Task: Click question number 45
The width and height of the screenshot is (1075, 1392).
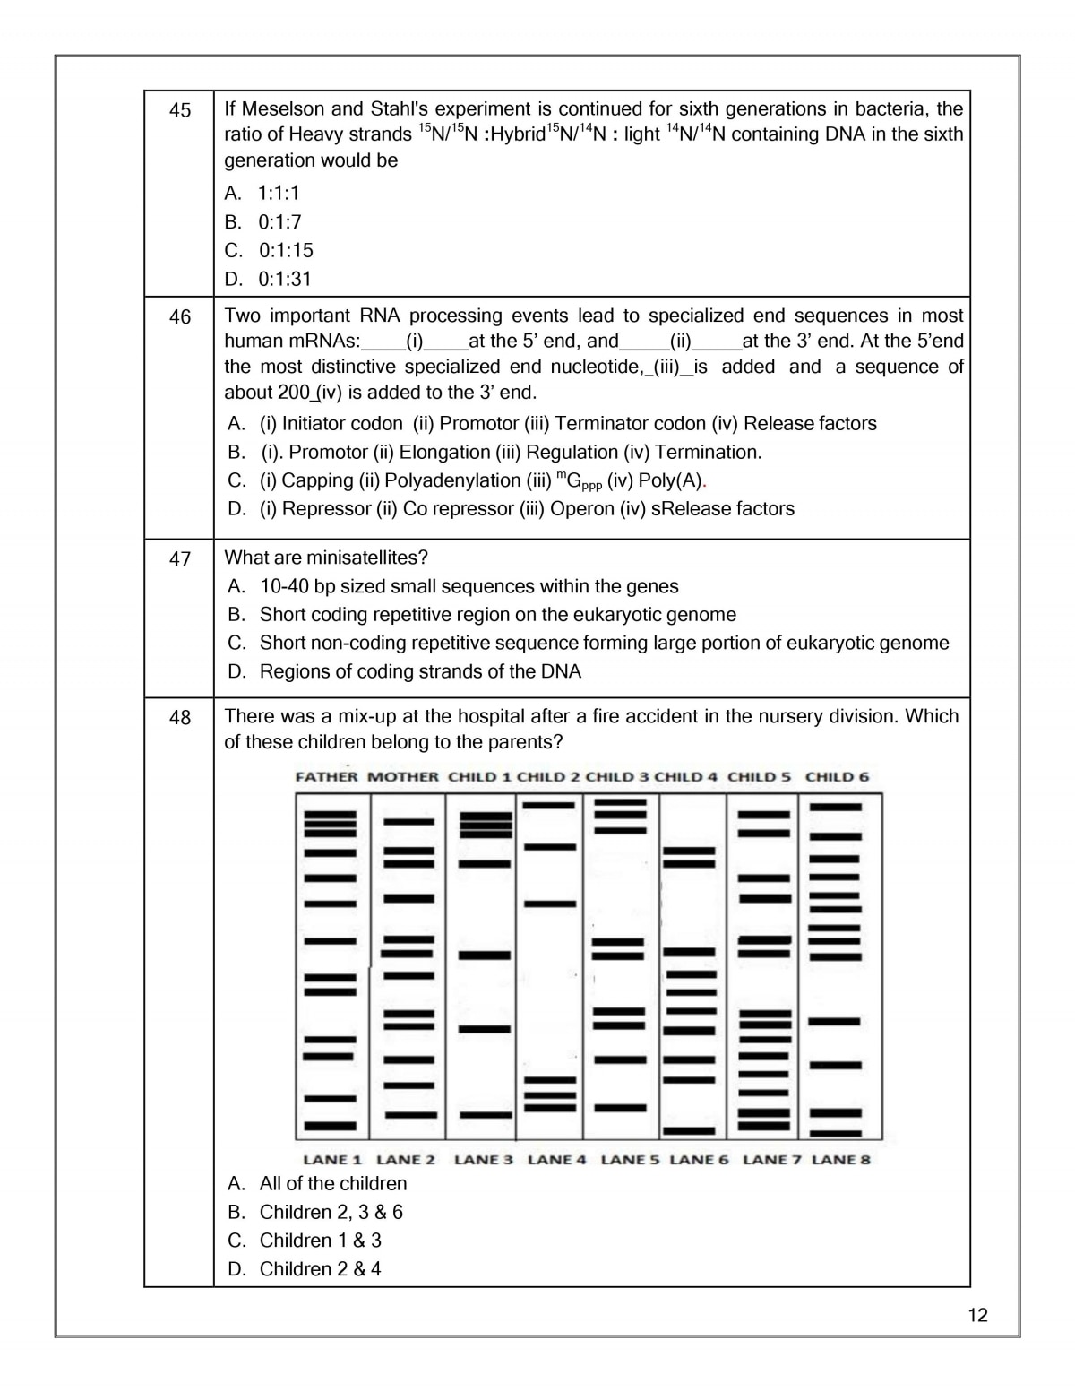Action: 180,110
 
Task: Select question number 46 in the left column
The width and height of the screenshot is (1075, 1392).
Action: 180,317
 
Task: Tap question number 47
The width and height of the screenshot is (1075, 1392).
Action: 180,559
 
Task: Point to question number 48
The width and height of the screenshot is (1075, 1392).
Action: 180,718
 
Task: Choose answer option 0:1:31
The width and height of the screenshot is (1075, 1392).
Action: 285,279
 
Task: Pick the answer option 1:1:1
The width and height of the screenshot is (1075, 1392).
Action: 279,193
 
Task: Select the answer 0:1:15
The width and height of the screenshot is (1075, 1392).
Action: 286,250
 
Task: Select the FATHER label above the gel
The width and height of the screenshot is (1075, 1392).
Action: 326,777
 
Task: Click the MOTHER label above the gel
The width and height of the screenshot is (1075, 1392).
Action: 403,777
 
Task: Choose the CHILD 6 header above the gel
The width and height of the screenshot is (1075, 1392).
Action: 837,777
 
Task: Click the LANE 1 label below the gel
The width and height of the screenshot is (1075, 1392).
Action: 332,1160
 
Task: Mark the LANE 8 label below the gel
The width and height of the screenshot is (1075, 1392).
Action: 840,1160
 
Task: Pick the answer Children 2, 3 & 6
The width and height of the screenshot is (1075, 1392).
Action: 331,1212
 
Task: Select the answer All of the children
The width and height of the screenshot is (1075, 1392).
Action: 332,1183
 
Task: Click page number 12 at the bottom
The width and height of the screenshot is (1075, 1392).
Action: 977,1315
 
